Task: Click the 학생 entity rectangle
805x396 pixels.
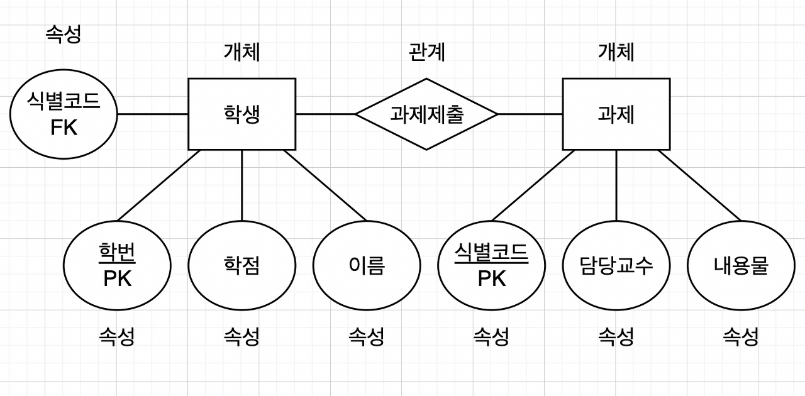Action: [242, 114]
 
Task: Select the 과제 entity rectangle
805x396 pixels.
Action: [616, 114]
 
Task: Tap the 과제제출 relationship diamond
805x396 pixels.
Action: [426, 114]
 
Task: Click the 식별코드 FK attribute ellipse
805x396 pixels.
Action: [64, 114]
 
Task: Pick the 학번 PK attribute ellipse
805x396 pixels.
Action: [117, 265]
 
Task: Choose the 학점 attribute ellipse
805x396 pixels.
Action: [242, 265]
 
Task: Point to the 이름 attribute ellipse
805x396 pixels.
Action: [367, 265]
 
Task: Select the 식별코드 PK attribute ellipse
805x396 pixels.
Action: [491, 265]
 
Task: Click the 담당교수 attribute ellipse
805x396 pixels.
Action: [616, 265]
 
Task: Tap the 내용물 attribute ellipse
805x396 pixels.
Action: [741, 265]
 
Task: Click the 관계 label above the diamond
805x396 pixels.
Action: [427, 52]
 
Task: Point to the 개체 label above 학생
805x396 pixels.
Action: [242, 52]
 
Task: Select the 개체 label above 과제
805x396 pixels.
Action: [616, 52]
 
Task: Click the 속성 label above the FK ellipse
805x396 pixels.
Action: [64, 34]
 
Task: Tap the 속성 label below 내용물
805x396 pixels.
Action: [741, 337]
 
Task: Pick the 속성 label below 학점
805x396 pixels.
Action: [242, 337]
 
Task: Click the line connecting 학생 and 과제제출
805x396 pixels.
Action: [325, 114]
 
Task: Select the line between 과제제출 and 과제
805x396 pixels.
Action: [530, 114]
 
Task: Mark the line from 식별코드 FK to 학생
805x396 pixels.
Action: [153, 114]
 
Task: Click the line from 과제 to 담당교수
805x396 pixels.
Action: [616, 185]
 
